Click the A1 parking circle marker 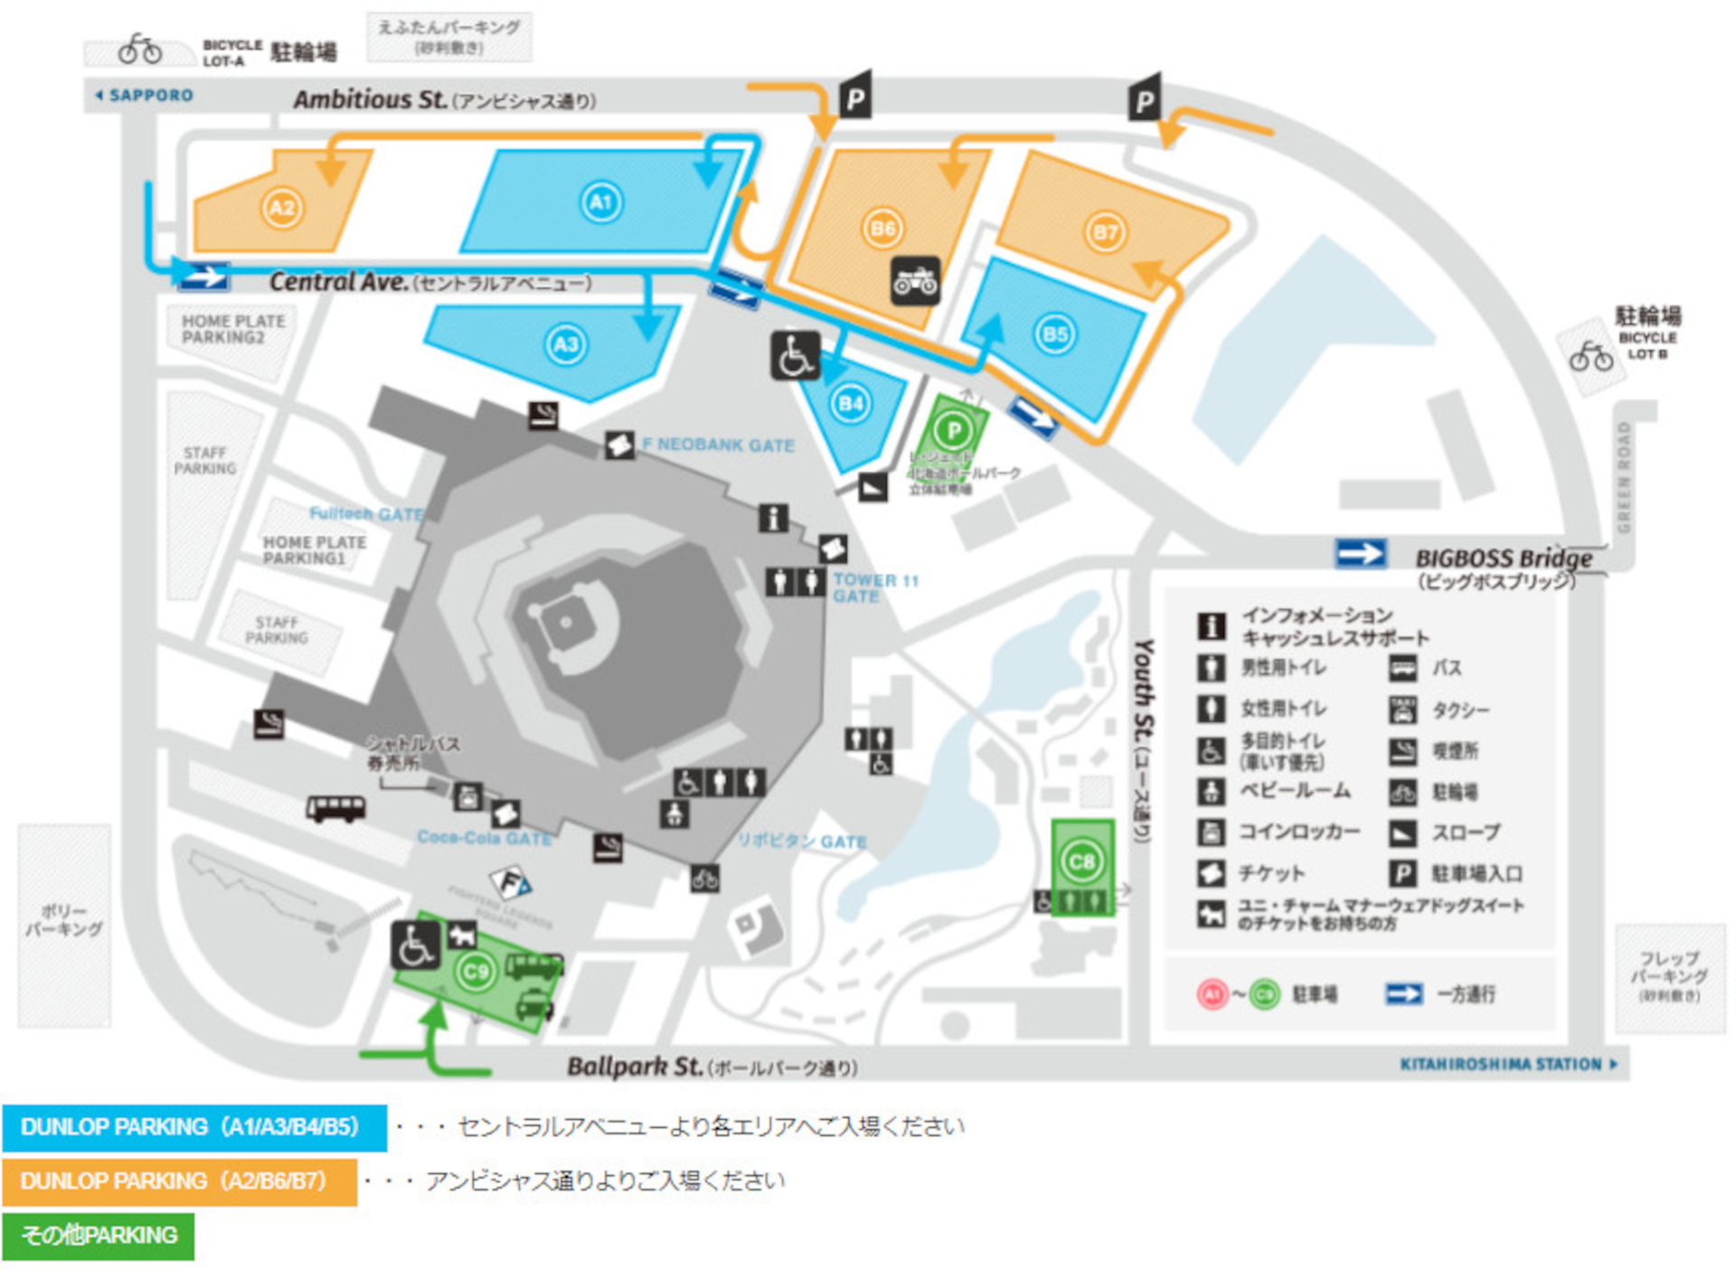pyautogui.click(x=601, y=202)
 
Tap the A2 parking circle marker pyautogui.click(x=282, y=208)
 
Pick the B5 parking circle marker pyautogui.click(x=1055, y=334)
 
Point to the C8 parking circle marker pyautogui.click(x=1082, y=861)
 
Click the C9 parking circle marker pyautogui.click(x=476, y=972)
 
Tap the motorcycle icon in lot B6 pyautogui.click(x=915, y=281)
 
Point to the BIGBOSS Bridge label pyautogui.click(x=1503, y=559)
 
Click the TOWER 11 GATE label pyautogui.click(x=873, y=587)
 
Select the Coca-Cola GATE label pyautogui.click(x=484, y=838)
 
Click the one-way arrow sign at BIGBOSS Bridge pyautogui.click(x=1360, y=553)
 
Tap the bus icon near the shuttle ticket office pyautogui.click(x=335, y=807)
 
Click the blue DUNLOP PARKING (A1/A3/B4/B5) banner pyautogui.click(x=194, y=1127)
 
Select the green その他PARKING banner pyautogui.click(x=98, y=1236)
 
